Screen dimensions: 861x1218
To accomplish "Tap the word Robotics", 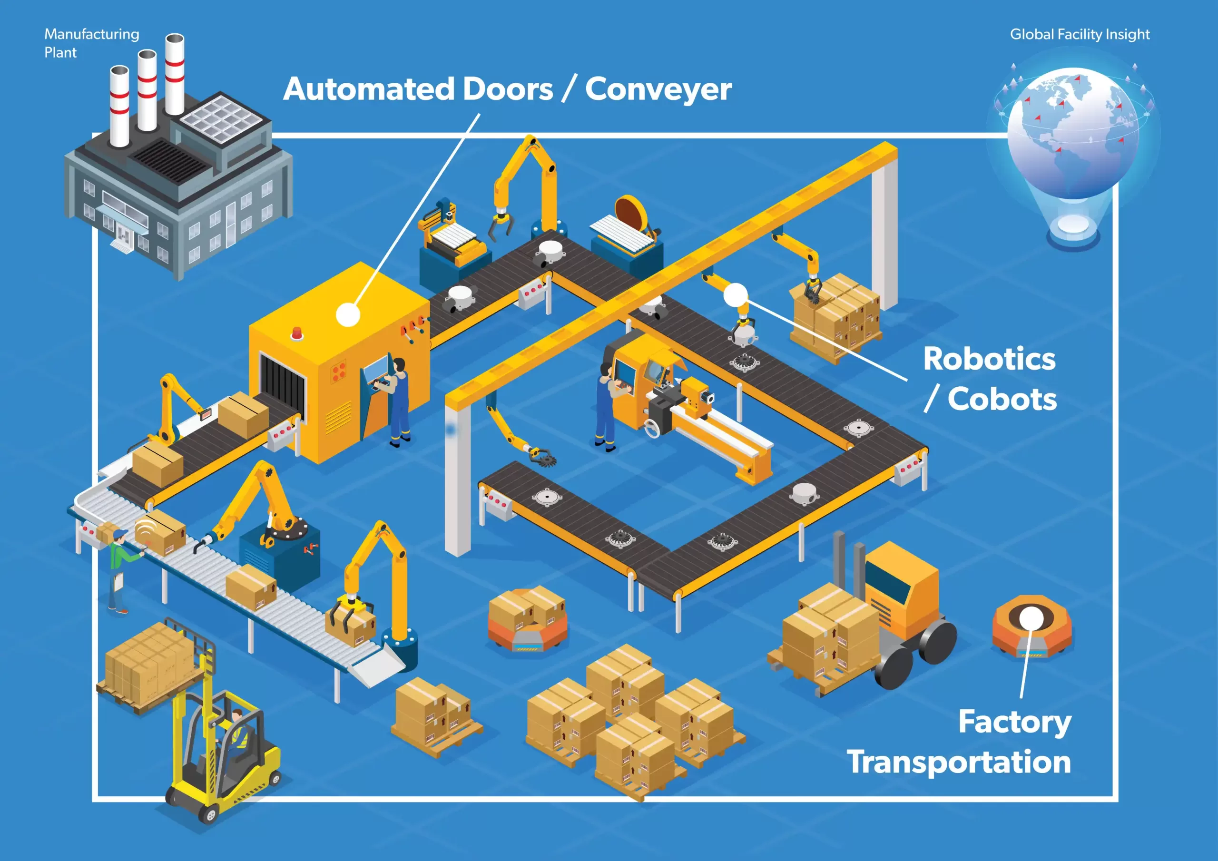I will point(989,359).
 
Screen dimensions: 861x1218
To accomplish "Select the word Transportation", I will point(959,763).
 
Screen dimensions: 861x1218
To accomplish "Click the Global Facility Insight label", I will point(1079,34).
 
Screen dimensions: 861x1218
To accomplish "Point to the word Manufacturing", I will point(91,34).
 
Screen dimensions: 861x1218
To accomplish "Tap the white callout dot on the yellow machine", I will point(348,314).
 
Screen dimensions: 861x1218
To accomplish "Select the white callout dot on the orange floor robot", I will point(1031,618).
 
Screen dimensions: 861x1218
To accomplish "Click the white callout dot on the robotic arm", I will point(735,295).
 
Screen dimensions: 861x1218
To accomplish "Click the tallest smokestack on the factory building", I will point(175,74).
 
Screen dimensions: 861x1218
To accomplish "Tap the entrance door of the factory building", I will point(124,234).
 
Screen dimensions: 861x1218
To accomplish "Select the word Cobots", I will point(1002,399).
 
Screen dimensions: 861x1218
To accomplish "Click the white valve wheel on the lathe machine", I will point(651,429).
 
